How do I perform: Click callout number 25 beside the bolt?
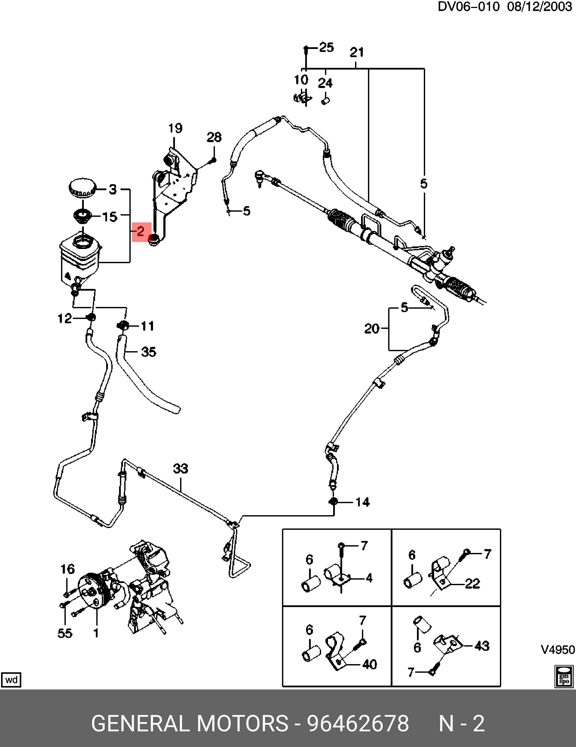point(326,47)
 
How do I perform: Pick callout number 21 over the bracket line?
point(357,52)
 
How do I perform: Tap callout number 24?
point(325,83)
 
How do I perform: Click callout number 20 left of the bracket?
point(372,329)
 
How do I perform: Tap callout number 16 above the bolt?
point(67,569)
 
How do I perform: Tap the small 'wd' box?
point(11,679)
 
